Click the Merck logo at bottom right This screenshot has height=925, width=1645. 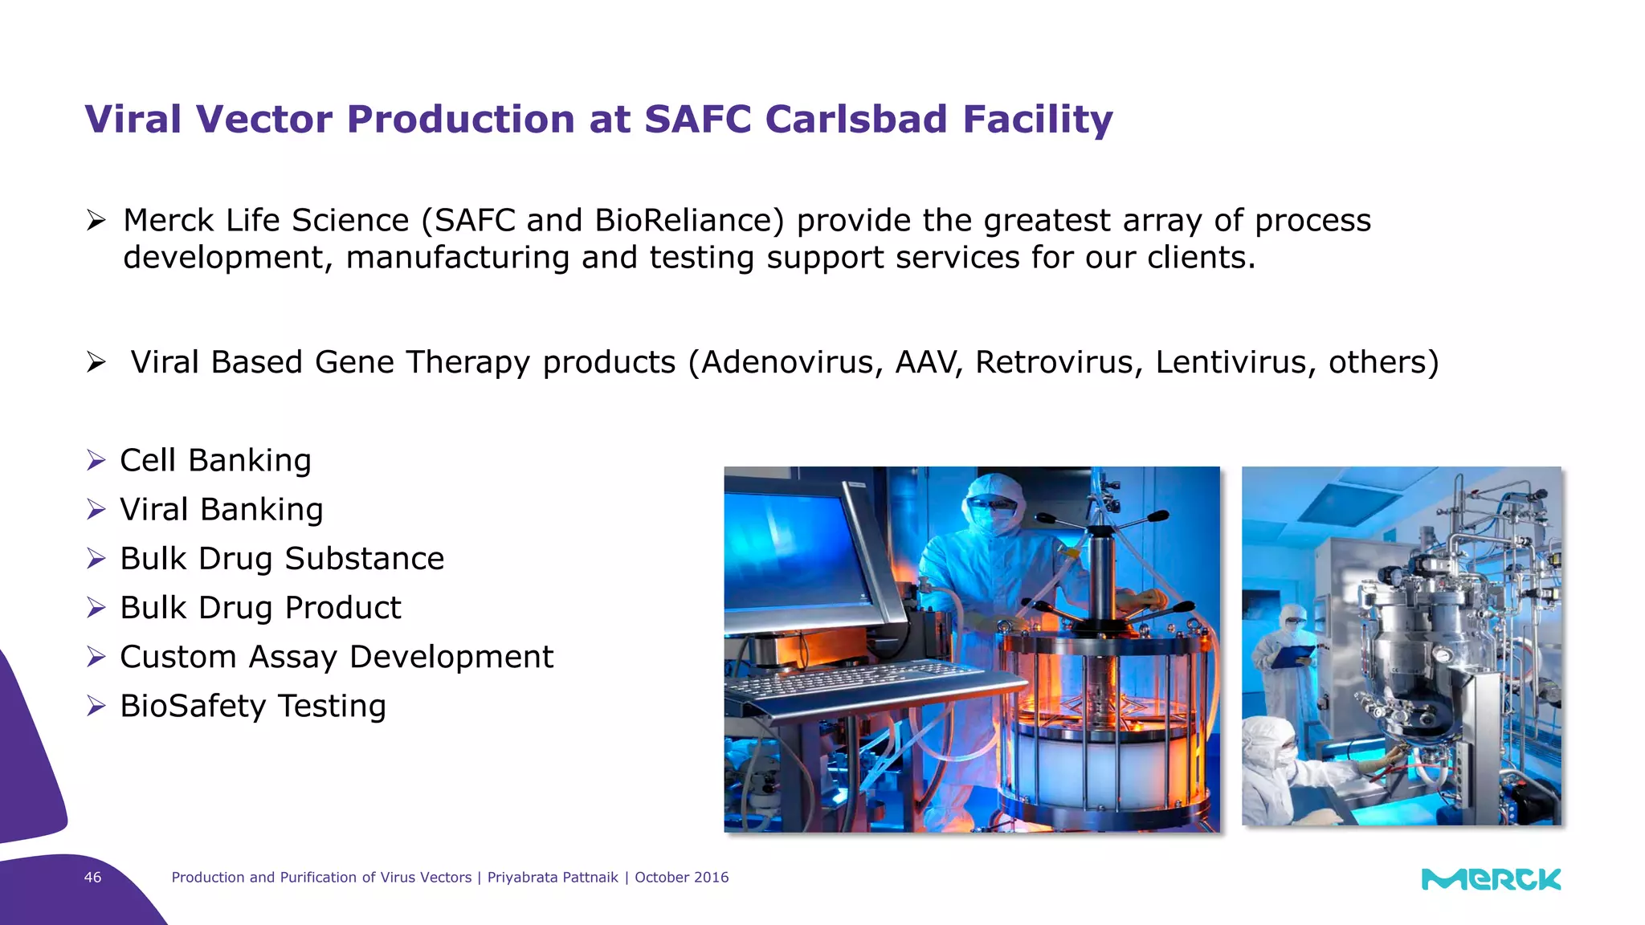pos(1491,879)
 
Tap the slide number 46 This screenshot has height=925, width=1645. pos(93,878)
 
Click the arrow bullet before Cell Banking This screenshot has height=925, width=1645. pos(96,461)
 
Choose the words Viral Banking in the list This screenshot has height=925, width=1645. pos(221,510)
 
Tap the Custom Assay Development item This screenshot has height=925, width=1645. pos(336,657)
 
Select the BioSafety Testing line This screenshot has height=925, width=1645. pos(252,706)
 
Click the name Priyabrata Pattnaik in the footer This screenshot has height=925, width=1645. pos(553,878)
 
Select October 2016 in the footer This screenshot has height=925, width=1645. pos(681,878)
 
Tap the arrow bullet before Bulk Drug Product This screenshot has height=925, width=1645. pos(96,608)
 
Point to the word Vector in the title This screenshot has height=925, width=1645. pos(263,120)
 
